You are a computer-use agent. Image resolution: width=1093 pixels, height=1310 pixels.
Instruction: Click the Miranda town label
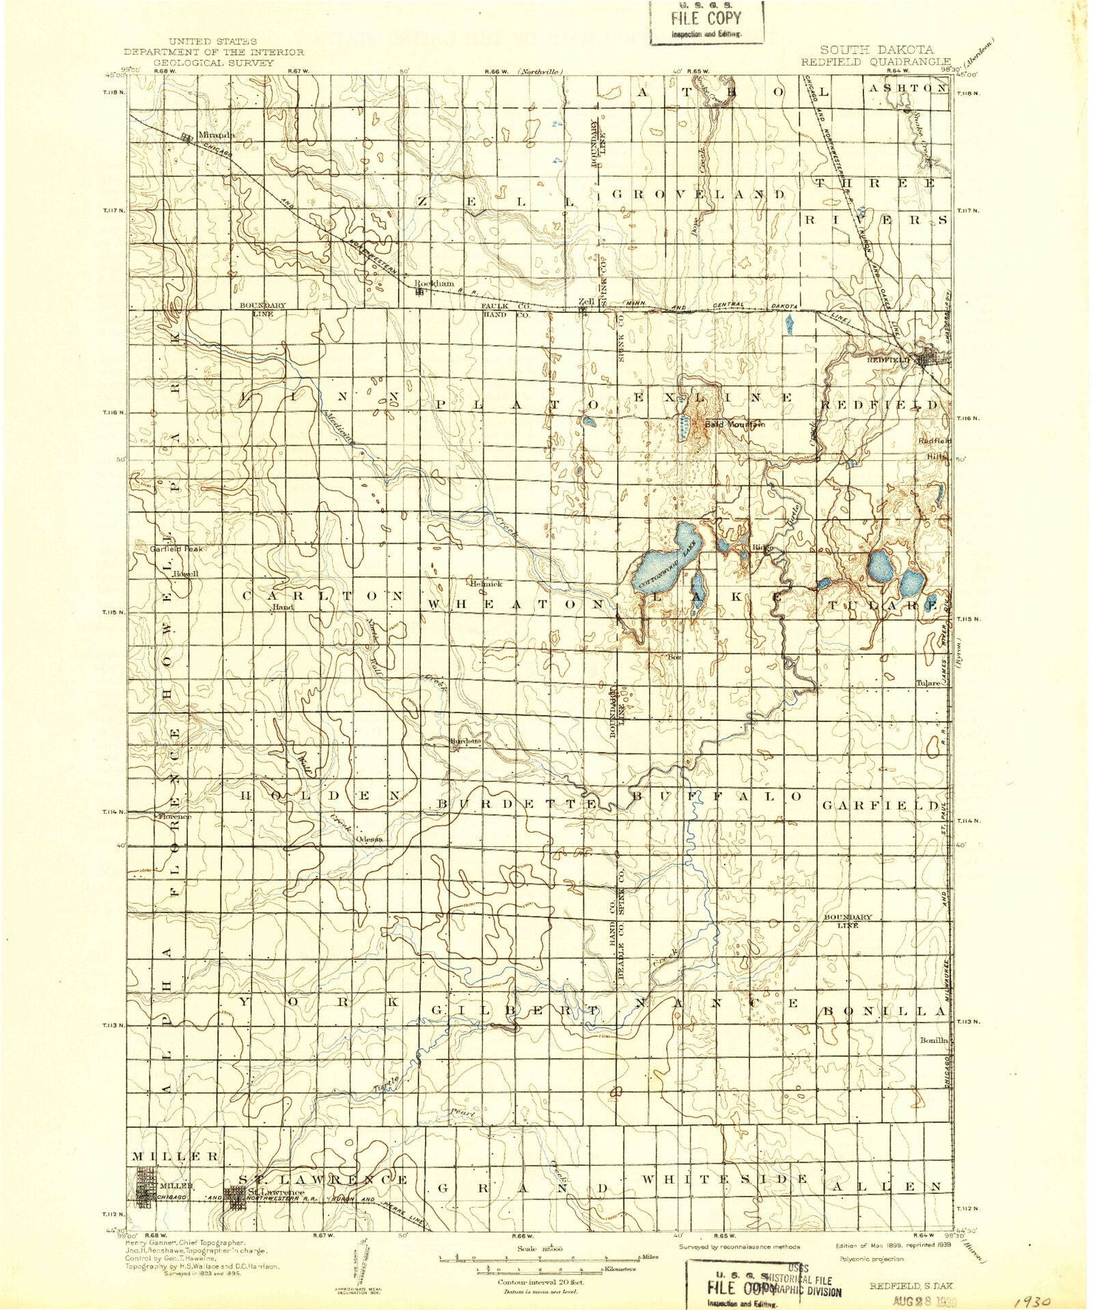pyautogui.click(x=216, y=135)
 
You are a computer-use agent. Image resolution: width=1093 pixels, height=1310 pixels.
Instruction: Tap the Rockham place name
pyautogui.click(x=434, y=283)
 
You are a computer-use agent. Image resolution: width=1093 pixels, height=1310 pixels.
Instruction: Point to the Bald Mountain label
pyautogui.click(x=734, y=424)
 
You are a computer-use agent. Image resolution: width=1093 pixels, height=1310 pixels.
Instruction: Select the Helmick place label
pyautogui.click(x=486, y=584)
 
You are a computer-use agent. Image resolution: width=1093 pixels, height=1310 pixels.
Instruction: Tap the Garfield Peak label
pyautogui.click(x=176, y=548)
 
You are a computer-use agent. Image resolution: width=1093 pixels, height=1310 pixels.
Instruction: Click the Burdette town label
pyautogui.click(x=465, y=740)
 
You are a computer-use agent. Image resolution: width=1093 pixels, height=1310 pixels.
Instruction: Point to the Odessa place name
pyautogui.click(x=369, y=839)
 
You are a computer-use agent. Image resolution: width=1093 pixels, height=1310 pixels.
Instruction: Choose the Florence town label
pyautogui.click(x=174, y=816)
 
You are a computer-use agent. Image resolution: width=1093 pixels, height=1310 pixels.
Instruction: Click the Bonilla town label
pyautogui.click(x=933, y=1040)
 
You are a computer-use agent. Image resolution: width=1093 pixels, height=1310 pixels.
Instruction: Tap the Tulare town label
pyautogui.click(x=928, y=683)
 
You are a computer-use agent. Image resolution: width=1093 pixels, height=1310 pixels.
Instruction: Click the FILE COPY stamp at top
pyautogui.click(x=706, y=22)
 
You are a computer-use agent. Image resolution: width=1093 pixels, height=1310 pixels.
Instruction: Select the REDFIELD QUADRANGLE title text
pyautogui.click(x=876, y=61)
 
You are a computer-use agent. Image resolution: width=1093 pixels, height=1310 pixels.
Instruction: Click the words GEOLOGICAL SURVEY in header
pyautogui.click(x=213, y=62)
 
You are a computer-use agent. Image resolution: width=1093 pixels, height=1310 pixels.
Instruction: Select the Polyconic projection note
pyautogui.click(x=871, y=1258)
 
